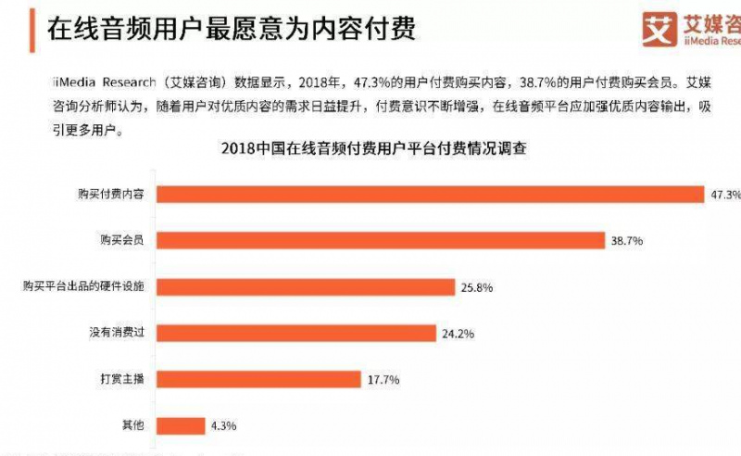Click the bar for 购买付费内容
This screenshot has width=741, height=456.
431,194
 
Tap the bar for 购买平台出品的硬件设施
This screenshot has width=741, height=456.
306,286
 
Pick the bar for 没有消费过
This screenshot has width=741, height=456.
296,332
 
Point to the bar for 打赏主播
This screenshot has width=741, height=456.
258,378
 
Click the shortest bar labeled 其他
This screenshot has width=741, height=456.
182,425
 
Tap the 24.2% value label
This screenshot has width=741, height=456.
456,333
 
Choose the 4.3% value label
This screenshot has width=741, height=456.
224,426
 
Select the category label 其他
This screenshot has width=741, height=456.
134,425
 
